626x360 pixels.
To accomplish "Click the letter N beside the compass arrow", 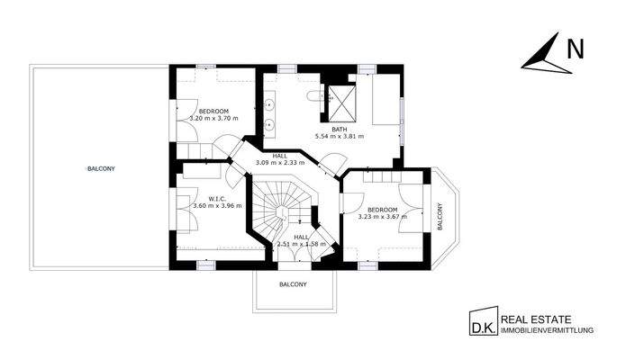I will click(572, 51).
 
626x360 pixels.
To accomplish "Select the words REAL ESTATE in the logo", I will click(536, 319).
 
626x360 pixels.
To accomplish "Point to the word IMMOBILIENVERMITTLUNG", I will click(547, 331).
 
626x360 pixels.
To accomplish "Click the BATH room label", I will click(339, 129).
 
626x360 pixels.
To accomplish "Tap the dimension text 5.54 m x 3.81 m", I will click(339, 137).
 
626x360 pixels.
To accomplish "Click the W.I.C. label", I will click(216, 198).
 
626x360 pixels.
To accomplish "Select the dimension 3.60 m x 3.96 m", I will click(216, 206).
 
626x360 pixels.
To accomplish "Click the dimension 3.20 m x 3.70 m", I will click(213, 118).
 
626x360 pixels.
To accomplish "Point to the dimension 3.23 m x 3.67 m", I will click(383, 217).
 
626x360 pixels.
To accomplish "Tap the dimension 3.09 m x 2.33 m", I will click(282, 162).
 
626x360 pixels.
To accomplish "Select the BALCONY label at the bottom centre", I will click(293, 284).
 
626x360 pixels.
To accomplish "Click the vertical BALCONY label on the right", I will click(440, 217).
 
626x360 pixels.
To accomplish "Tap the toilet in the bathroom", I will click(313, 95).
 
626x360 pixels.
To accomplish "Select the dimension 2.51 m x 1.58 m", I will click(300, 243).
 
